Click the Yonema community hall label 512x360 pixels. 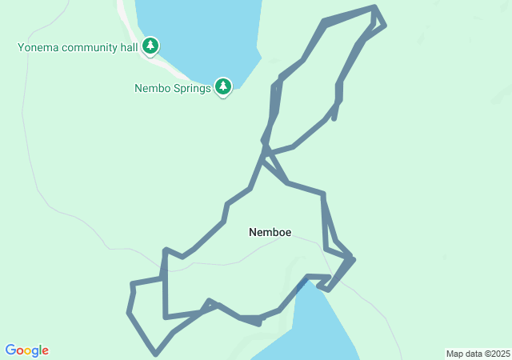click(x=78, y=47)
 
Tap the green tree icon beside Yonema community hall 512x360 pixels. click(x=150, y=46)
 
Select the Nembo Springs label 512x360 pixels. click(x=172, y=88)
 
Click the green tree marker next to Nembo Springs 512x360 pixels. click(x=223, y=86)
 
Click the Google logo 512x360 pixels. click(x=27, y=350)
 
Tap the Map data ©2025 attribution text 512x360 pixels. click(x=477, y=354)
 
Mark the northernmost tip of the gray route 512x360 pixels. click(x=374, y=7)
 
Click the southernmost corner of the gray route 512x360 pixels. click(x=156, y=354)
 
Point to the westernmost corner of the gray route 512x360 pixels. click(x=128, y=312)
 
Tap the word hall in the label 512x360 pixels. click(x=131, y=47)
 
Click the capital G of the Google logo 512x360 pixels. click(x=11, y=350)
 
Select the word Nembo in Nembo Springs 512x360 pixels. click(x=152, y=88)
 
